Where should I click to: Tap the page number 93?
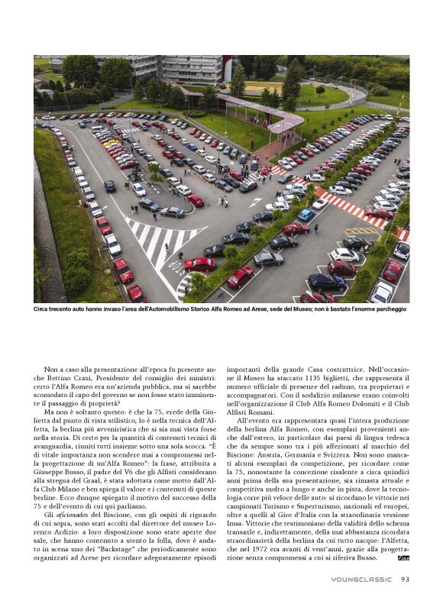coord(405,579)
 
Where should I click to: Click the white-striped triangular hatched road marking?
coord(164,241)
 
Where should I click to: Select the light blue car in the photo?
coord(306,215)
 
